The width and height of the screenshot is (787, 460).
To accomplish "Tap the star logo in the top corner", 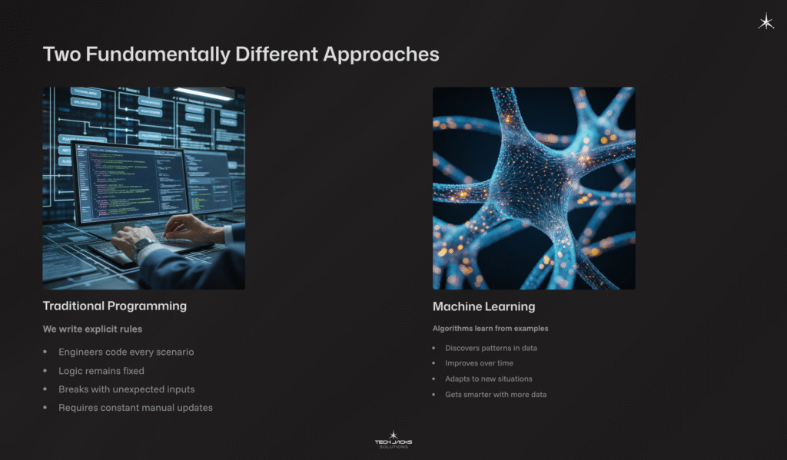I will coord(765,22).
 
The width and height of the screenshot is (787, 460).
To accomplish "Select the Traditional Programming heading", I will coord(115,306).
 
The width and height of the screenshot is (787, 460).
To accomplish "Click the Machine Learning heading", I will coord(483,307).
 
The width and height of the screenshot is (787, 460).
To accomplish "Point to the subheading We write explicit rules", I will coord(92,329).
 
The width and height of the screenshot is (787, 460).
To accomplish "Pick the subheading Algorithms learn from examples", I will coord(490,329).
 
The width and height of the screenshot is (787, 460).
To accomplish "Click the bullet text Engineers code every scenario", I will coord(126,352).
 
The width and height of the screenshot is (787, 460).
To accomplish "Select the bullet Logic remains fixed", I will coord(101,370).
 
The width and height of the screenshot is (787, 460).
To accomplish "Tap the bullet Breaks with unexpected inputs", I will coord(127,389).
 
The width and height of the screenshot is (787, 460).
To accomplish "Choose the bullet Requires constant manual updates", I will coord(135,407).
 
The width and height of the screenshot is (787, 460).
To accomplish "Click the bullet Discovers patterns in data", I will coord(491,348).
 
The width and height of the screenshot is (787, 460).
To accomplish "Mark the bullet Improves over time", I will coord(479,363).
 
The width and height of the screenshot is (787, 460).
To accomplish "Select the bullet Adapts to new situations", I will coord(489,379).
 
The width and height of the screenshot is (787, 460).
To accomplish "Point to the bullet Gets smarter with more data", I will coord(496,394).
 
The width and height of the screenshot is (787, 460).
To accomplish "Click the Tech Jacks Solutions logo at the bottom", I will coord(393,441).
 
